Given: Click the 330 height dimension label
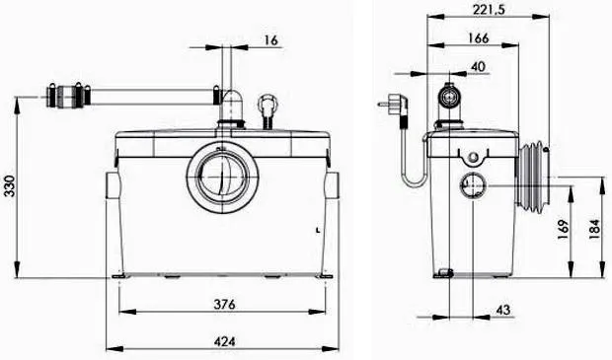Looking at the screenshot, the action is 9,186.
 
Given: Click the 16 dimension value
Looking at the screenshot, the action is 270,39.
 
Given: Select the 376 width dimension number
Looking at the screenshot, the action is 224,304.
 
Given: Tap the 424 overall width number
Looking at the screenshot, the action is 224,341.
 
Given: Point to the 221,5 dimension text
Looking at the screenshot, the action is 489,9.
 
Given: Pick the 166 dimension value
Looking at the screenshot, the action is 478,38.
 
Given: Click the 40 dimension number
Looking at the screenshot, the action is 478,67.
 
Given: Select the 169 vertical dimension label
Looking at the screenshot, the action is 563,230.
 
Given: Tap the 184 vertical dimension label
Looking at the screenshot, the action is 593,229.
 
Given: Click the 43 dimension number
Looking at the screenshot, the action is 503,310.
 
